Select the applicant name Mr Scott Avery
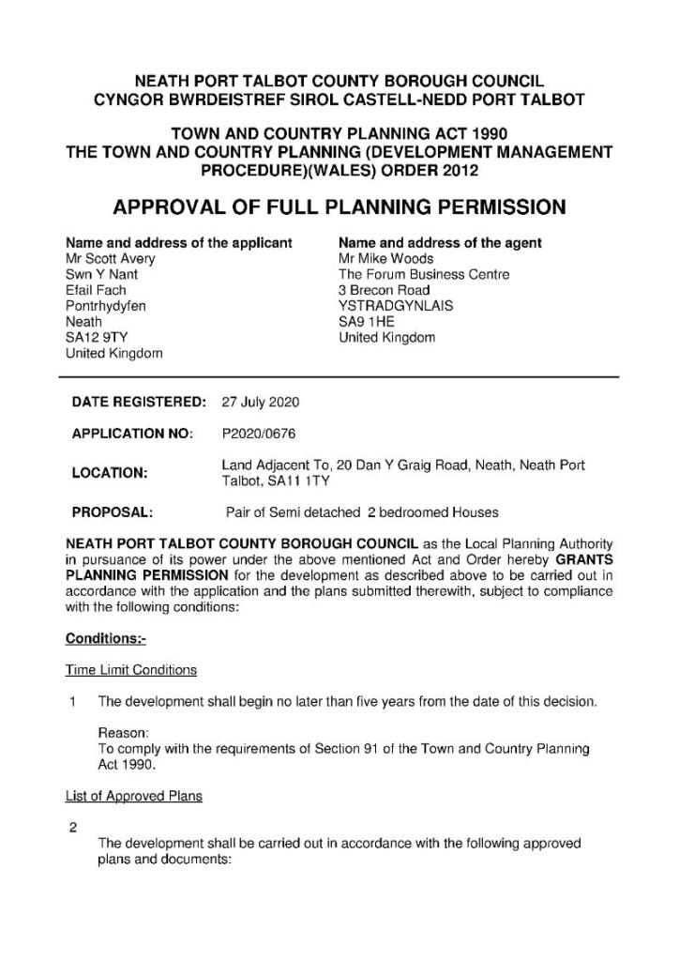click(x=111, y=259)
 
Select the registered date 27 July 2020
click(x=260, y=404)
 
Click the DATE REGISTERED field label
click(x=139, y=404)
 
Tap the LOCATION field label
click(x=110, y=473)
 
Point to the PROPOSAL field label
click(x=113, y=512)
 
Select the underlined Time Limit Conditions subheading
click(x=131, y=670)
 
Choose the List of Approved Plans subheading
click(x=133, y=796)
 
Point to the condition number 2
click(x=72, y=828)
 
